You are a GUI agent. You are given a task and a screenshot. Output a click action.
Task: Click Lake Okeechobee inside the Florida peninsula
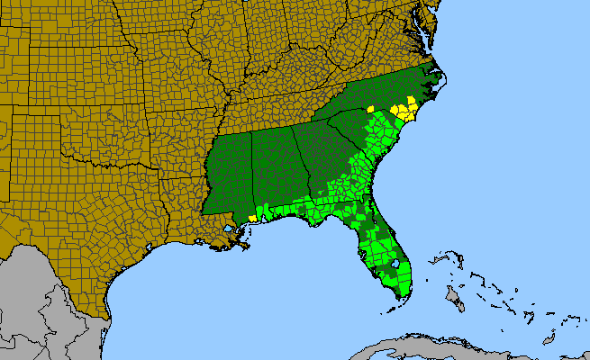click(x=394, y=265)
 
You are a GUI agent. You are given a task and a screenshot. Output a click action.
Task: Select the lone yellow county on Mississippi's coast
click(x=253, y=217)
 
